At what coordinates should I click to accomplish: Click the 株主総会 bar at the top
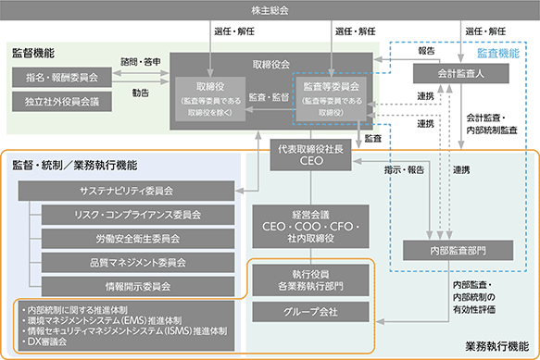pos(270,10)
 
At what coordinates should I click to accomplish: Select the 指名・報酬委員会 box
pos(62,77)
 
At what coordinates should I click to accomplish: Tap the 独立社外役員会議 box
pos(62,102)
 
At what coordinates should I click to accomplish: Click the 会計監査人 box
pos(460,74)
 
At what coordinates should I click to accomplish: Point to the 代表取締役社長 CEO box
pos(310,155)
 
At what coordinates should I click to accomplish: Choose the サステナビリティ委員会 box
pos(126,191)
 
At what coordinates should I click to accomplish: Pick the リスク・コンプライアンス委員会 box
pos(138,215)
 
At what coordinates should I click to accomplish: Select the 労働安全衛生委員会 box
pos(138,239)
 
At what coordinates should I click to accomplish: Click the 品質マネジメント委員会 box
pos(138,263)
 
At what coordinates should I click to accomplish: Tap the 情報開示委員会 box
pos(138,286)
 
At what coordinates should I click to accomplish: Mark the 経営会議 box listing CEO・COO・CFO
pos(310,227)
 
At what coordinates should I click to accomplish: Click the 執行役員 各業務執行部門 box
pos(310,280)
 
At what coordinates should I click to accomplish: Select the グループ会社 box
pos(310,312)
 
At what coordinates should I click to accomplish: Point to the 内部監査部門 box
pos(458,250)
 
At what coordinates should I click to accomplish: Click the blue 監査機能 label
pos(498,53)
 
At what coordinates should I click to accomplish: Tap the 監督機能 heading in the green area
pos(33,53)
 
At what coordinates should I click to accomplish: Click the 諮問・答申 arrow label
pos(141,62)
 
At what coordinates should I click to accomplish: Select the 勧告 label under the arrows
pos(141,93)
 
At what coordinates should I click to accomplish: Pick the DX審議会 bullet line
pos(44,341)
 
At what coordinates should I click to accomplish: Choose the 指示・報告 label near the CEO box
pos(404,169)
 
